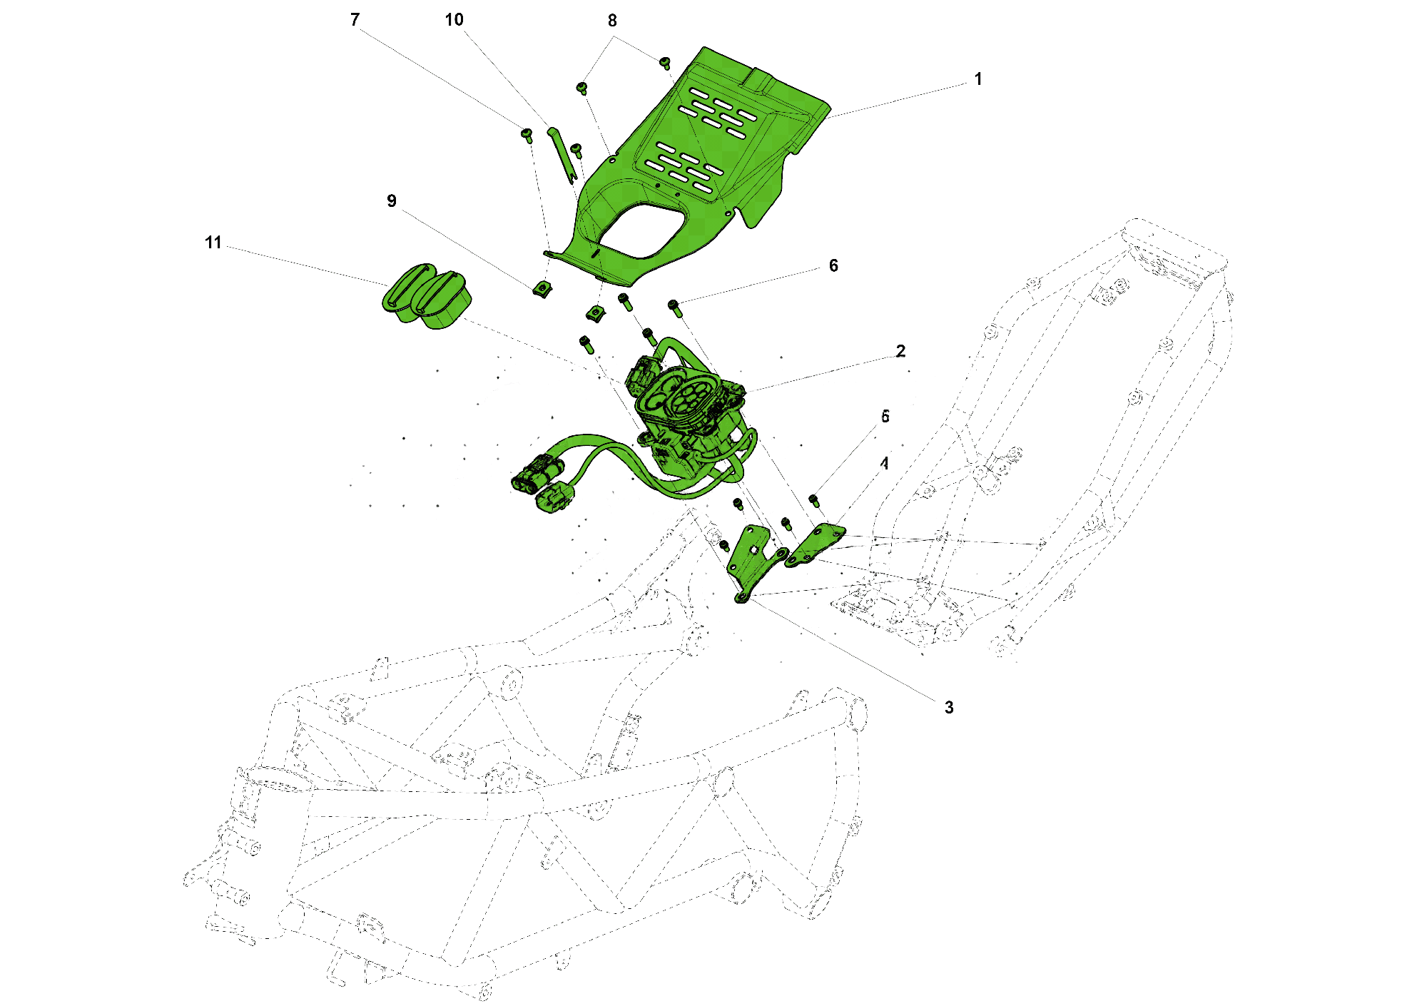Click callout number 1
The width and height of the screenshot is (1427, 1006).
[x=977, y=79]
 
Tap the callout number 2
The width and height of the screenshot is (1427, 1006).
[x=900, y=351]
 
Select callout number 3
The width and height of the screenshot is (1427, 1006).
[x=948, y=707]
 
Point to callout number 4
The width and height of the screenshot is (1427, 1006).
[x=885, y=464]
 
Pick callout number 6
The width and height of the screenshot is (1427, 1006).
[x=833, y=266]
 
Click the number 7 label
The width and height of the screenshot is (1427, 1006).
[x=355, y=20]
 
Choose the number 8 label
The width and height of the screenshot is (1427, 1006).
[x=612, y=21]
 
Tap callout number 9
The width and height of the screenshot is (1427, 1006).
[x=391, y=201]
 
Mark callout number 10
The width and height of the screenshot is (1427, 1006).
[x=454, y=20]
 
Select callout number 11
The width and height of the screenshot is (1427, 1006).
[x=213, y=243]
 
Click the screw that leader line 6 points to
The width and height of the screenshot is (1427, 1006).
[x=674, y=308]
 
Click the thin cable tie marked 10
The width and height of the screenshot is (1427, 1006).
[x=562, y=153]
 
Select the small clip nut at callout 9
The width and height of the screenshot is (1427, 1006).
[x=542, y=288]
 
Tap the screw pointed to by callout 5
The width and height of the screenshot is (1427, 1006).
[x=813, y=499]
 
